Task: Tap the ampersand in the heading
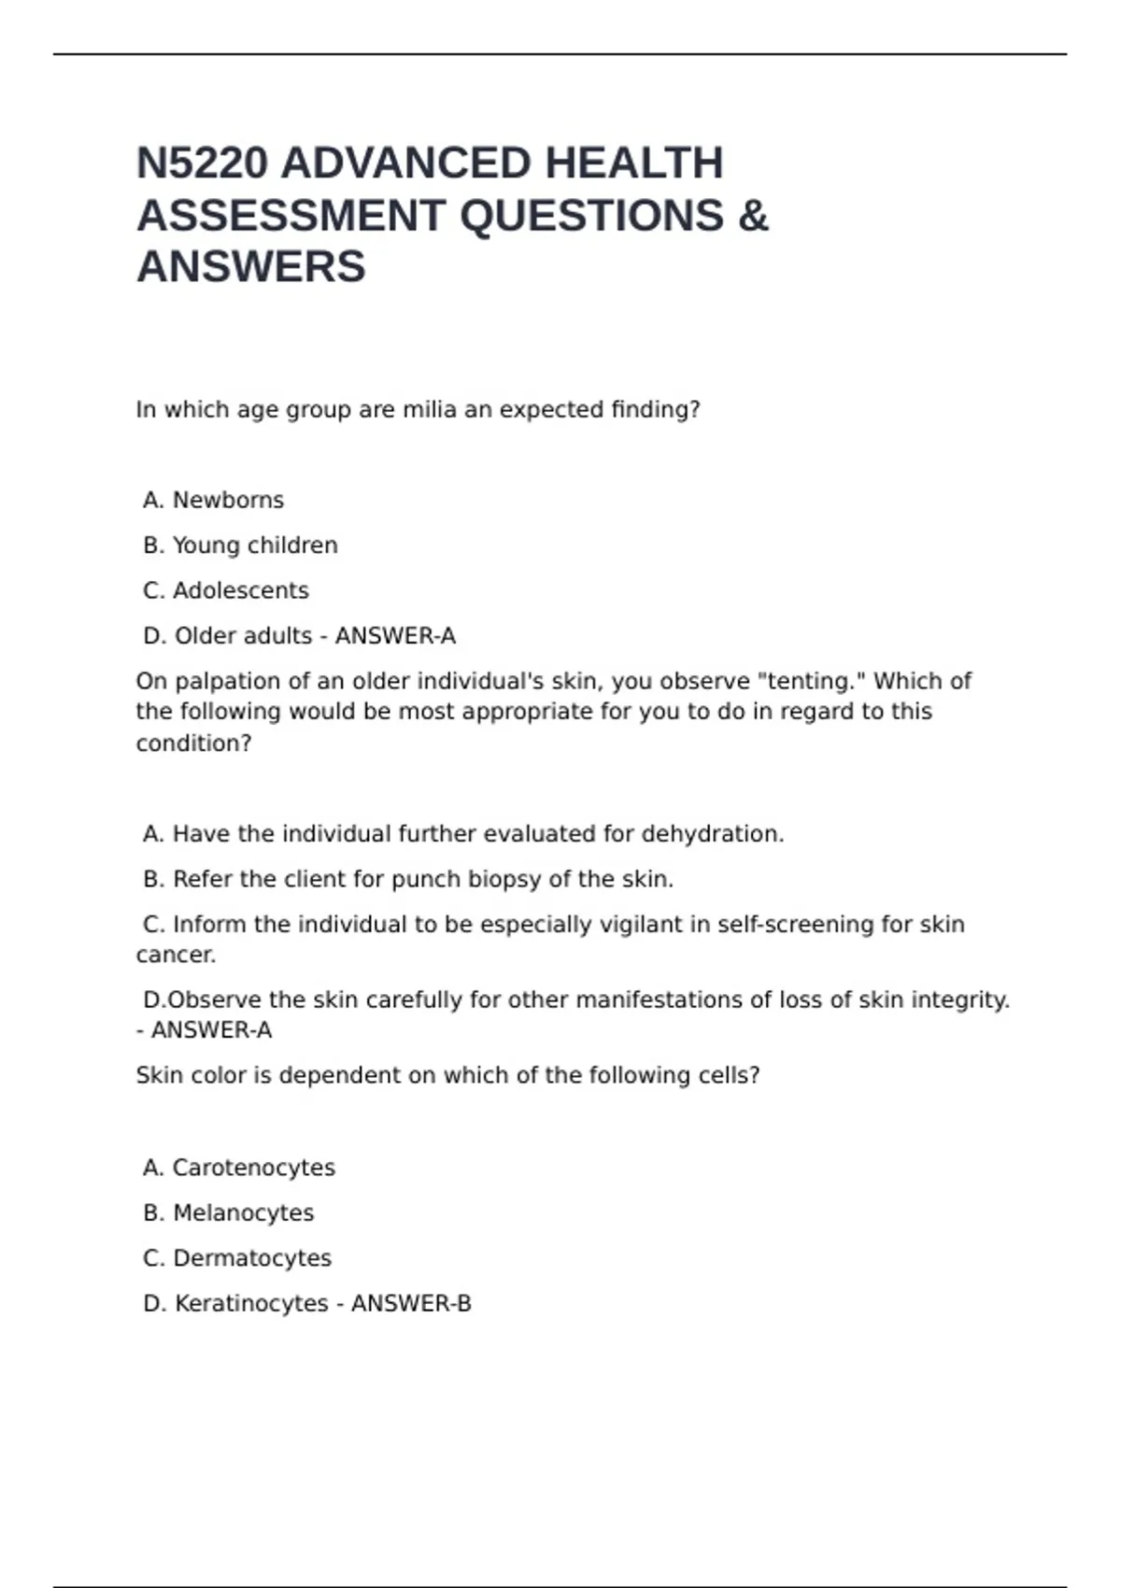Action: (x=753, y=216)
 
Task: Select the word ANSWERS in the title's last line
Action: (x=251, y=267)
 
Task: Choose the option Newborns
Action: (x=228, y=501)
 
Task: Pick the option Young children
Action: (x=254, y=546)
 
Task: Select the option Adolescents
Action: (x=240, y=591)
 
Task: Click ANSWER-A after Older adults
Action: (x=395, y=636)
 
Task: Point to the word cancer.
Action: (x=176, y=955)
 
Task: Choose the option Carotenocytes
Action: (x=253, y=1168)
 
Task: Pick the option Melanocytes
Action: (x=243, y=1213)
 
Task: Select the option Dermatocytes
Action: (x=251, y=1258)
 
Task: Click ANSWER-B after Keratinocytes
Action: (x=411, y=1304)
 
